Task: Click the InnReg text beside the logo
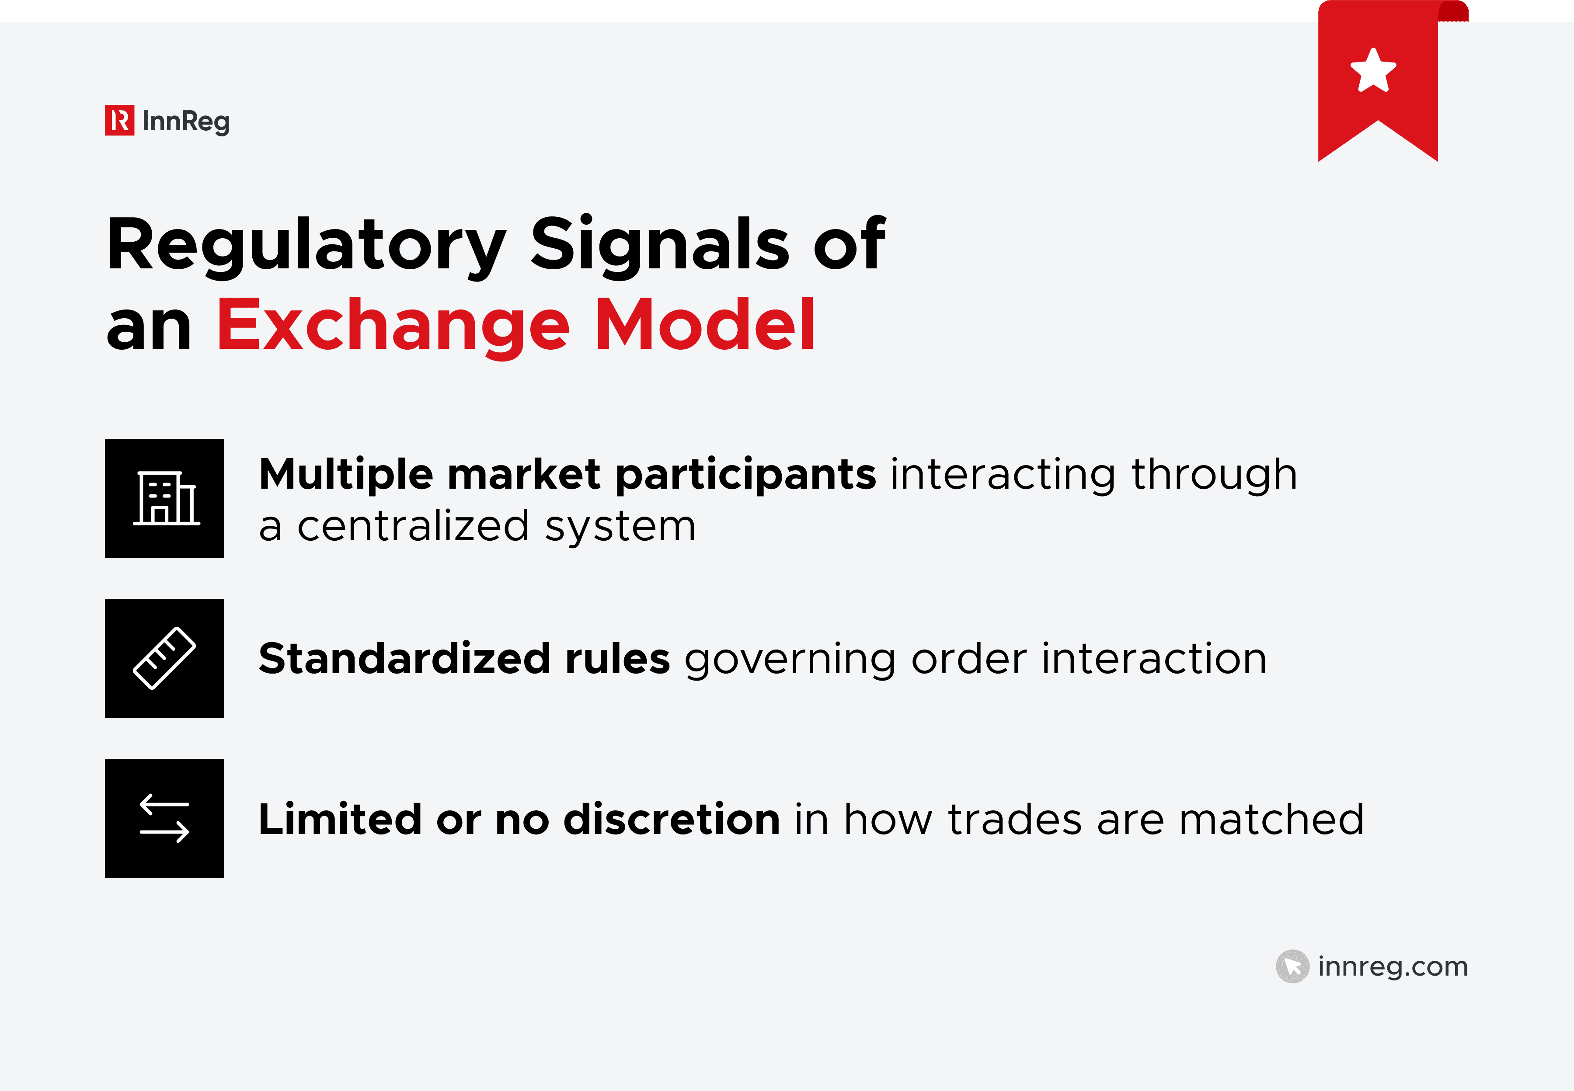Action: coord(186,122)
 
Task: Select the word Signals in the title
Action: coord(660,243)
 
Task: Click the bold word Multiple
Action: coord(345,474)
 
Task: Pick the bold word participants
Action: coord(745,474)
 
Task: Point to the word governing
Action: coord(790,660)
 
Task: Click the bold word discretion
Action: coord(672,819)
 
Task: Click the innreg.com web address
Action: coord(1393,966)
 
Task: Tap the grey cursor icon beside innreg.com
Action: coord(1292,966)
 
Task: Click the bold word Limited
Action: coord(340,819)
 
